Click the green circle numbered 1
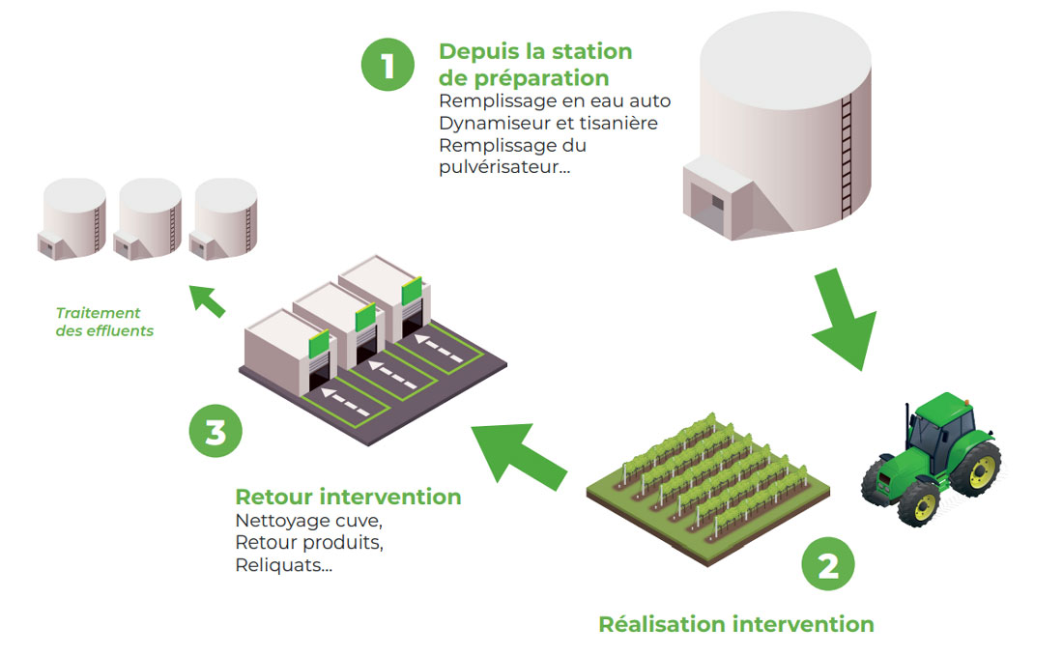click(388, 65)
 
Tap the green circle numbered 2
click(828, 565)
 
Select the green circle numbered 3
click(215, 431)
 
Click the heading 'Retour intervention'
click(348, 498)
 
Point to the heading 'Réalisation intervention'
click(735, 624)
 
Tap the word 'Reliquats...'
click(283, 565)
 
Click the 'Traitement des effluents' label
click(99, 322)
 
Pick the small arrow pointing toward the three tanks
click(207, 299)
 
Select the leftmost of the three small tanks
click(73, 219)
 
